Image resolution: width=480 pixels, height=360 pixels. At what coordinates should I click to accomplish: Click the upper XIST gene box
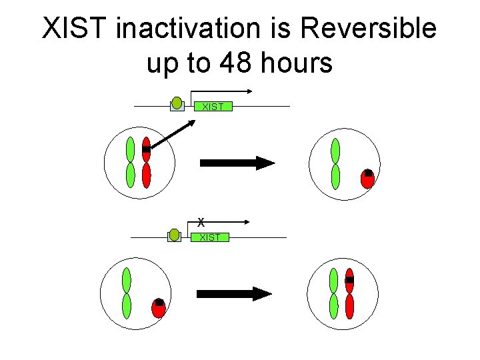(x=212, y=107)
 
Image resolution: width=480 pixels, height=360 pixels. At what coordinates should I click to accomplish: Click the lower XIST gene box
(x=209, y=237)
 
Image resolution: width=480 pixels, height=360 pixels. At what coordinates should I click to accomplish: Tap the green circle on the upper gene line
(x=177, y=103)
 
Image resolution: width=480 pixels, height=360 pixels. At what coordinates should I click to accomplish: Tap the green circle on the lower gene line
(x=174, y=234)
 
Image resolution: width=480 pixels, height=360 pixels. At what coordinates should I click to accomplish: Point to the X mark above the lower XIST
(x=201, y=222)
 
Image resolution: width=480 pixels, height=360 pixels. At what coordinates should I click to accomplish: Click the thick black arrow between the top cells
(x=237, y=163)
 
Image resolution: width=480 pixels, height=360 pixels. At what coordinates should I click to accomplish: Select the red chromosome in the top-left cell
(x=147, y=163)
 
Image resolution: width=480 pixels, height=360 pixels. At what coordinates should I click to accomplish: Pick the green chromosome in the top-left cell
(x=130, y=163)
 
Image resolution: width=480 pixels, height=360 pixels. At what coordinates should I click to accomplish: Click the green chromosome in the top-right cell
(x=335, y=163)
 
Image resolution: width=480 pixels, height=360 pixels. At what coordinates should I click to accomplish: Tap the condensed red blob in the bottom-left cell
(x=159, y=307)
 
